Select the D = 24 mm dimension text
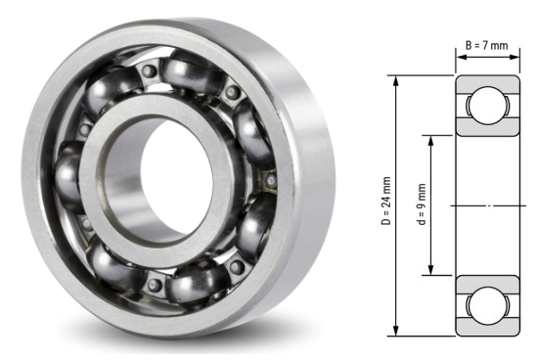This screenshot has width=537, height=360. (387, 203)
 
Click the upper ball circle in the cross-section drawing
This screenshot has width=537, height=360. (486, 106)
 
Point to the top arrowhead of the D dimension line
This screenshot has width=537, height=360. (396, 79)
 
